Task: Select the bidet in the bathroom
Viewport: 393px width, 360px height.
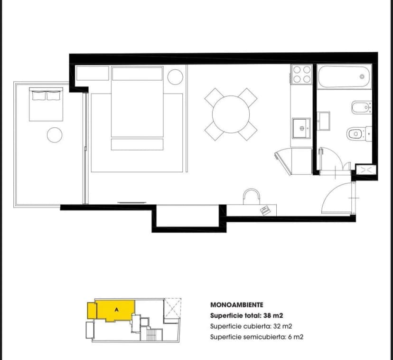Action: click(360, 108)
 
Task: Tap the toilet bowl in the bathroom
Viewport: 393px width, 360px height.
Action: click(356, 134)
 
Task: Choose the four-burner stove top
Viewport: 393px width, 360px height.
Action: click(302, 75)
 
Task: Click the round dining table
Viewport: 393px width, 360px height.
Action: click(231, 114)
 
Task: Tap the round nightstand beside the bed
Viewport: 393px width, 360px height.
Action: click(175, 76)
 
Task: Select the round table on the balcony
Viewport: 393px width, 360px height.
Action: click(55, 135)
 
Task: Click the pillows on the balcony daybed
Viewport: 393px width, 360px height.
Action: click(46, 95)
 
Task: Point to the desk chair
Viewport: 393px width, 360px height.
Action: click(252, 196)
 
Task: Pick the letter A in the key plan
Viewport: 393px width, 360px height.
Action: click(117, 309)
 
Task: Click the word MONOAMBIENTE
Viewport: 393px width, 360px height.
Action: click(236, 305)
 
